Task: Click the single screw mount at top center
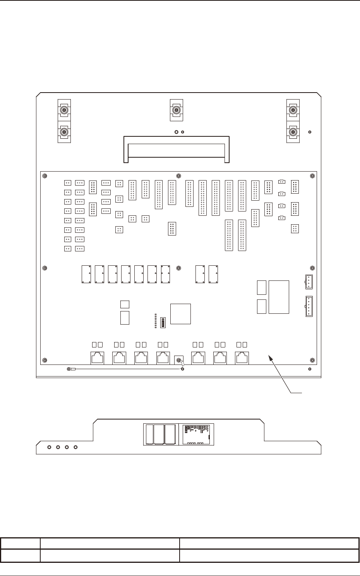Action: point(177,110)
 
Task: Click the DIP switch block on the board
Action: point(163,322)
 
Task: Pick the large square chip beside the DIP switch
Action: point(181,314)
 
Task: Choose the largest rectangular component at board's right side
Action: point(279,297)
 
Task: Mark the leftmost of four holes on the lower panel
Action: point(49,447)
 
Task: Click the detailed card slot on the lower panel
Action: point(196,435)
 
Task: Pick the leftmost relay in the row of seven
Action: point(86,274)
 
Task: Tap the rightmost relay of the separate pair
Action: point(213,274)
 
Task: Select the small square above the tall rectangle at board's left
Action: point(125,304)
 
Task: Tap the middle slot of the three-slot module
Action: point(159,435)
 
